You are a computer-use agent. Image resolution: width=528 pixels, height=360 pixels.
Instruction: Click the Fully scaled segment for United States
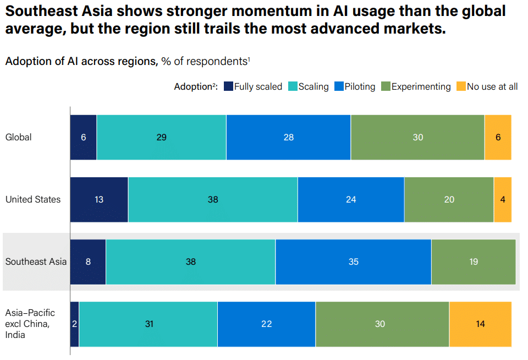coord(99,200)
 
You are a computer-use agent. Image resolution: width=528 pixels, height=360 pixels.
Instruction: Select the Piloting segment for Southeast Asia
coord(353,262)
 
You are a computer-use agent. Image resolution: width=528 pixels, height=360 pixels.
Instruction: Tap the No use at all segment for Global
coord(498,138)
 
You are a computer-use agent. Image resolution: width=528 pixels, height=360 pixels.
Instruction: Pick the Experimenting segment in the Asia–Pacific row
coord(382,324)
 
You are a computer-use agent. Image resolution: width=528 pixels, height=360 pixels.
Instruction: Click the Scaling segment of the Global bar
coord(161,138)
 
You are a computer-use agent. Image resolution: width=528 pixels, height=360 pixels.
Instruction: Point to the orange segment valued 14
coord(480,324)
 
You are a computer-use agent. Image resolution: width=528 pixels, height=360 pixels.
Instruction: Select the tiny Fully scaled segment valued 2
coord(75,324)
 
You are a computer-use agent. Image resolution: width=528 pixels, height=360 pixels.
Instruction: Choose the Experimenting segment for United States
coord(449,200)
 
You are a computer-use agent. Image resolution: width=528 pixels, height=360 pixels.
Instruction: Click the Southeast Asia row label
coord(36,262)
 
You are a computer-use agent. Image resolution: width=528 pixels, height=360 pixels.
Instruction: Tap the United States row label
coord(33,199)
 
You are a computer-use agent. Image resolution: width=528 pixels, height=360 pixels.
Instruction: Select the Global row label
coord(19,137)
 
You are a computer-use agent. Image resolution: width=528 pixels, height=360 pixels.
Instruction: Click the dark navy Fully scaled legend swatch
coord(228,86)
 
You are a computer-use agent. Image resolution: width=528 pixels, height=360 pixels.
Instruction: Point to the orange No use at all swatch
coord(460,86)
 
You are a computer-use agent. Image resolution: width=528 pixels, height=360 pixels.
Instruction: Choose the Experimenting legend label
coord(421,86)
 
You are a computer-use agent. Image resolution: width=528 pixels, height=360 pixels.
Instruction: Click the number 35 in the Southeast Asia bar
coord(353,262)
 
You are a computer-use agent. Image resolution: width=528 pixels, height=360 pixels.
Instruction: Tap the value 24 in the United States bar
coord(351,200)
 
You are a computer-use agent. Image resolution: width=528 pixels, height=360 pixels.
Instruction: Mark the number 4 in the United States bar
coord(503,200)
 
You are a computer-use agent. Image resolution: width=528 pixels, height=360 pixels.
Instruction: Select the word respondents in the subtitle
coord(217,61)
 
